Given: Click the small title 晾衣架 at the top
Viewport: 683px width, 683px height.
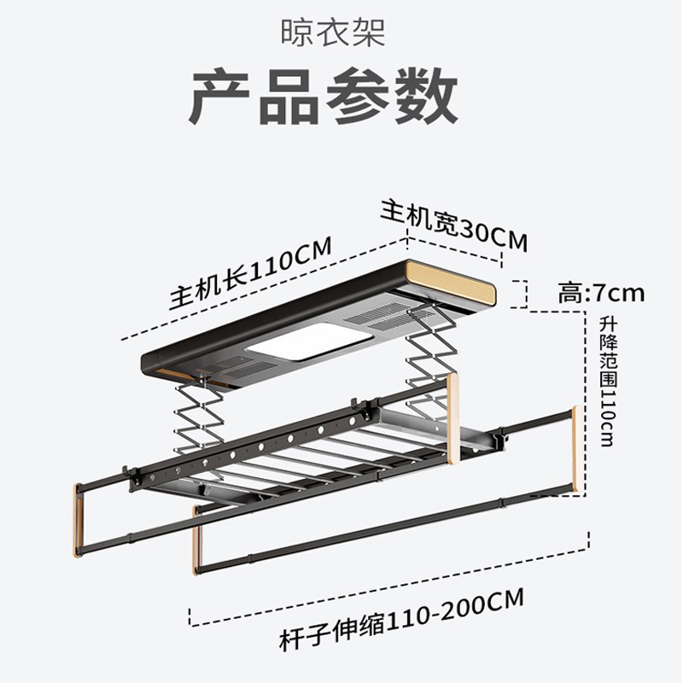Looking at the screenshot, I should pyautogui.click(x=333, y=33).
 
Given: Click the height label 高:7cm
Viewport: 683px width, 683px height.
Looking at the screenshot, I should pyautogui.click(x=601, y=294).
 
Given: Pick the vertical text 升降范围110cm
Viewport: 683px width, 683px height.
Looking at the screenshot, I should pyautogui.click(x=607, y=381).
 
